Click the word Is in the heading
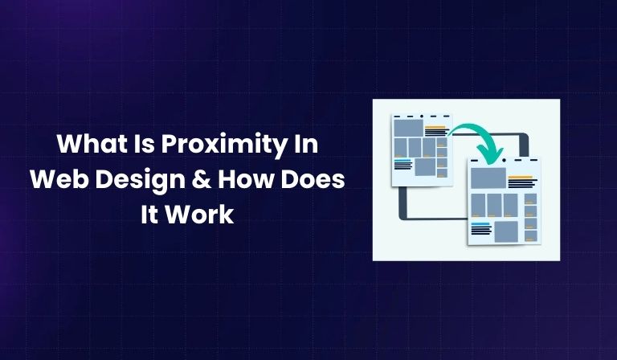[x=144, y=147]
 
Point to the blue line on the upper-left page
[x=402, y=161]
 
